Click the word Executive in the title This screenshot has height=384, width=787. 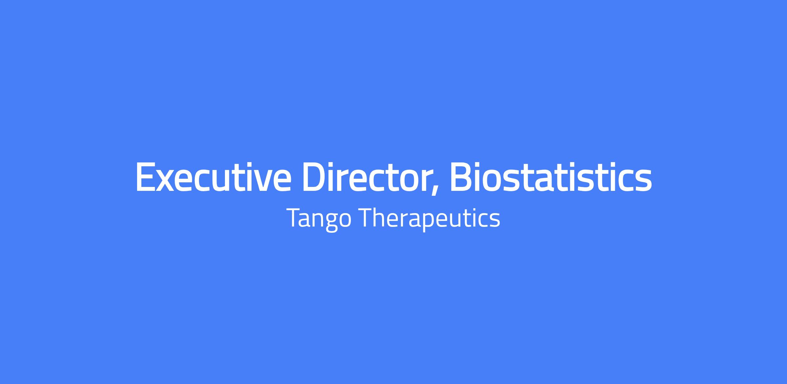tap(213, 177)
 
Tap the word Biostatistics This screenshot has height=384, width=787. tap(551, 177)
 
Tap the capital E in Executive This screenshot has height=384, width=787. tap(145, 177)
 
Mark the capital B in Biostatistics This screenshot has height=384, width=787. tap(461, 177)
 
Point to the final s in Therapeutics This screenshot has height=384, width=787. tap(495, 220)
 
